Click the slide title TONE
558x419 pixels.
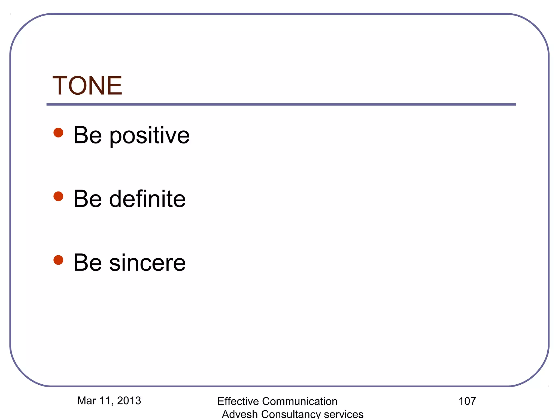point(87,86)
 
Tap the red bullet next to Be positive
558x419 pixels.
point(58,133)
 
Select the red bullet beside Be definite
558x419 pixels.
point(58,196)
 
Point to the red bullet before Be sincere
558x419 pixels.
point(58,260)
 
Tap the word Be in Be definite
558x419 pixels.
point(87,199)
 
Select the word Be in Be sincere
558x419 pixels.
point(87,263)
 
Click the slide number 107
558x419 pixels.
point(467,401)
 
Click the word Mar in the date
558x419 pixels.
point(86,401)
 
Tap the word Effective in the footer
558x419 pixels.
point(238,402)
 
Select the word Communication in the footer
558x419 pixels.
point(300,402)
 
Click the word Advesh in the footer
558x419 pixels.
point(240,414)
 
